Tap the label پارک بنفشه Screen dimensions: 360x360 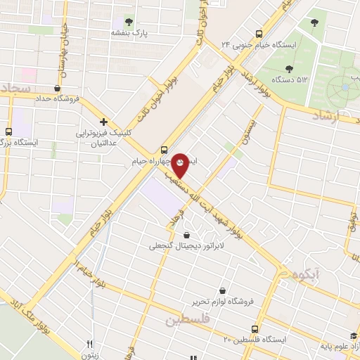(x=129, y=32)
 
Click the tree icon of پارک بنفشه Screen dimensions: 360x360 (x=129, y=20)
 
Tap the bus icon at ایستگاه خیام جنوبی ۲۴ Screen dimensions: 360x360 (x=259, y=33)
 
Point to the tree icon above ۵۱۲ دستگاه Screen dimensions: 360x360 (x=289, y=68)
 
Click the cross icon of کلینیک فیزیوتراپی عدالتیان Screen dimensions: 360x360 (x=103, y=122)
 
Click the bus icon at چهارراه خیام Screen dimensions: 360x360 (x=164, y=150)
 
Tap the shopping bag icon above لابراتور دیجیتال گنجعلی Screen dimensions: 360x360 (x=186, y=235)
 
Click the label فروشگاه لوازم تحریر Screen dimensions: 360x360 (x=224, y=302)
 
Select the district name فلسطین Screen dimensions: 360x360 (x=188, y=321)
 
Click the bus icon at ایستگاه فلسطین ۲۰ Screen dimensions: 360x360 (x=255, y=329)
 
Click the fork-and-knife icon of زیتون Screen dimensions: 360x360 (x=89, y=344)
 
